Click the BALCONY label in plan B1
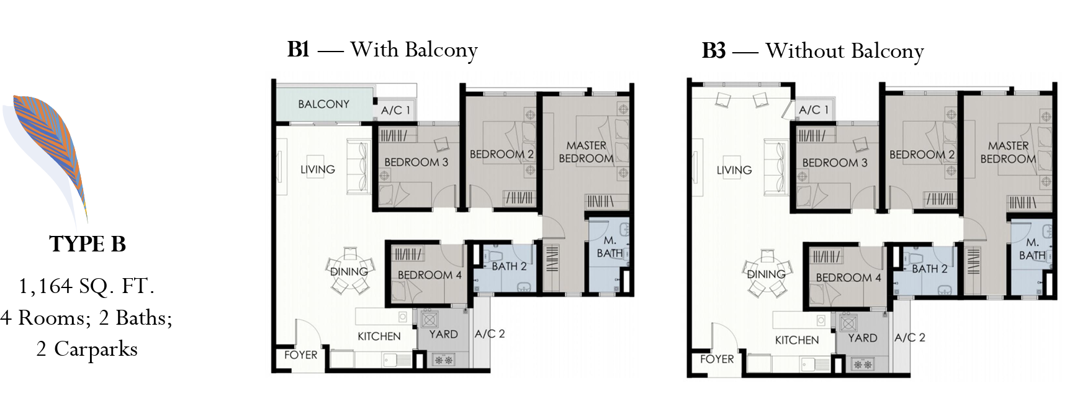click(x=323, y=104)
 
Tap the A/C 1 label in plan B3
click(x=814, y=110)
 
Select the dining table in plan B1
click(x=349, y=271)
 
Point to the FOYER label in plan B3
click(x=717, y=359)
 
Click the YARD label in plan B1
click(x=443, y=334)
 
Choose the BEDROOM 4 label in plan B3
click(x=848, y=278)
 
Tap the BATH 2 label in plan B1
click(x=509, y=266)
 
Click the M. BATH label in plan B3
click(x=1032, y=248)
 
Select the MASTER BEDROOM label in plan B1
click(x=586, y=151)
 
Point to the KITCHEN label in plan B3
click(x=797, y=340)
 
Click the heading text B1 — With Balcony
click(x=382, y=50)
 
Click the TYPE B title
click(x=88, y=244)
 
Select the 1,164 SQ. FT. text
click(x=86, y=286)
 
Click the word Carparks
click(x=96, y=349)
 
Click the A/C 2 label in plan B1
click(x=490, y=333)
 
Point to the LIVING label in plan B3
click(x=734, y=169)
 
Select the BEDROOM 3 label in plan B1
click(x=416, y=162)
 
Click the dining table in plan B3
click(x=767, y=274)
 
